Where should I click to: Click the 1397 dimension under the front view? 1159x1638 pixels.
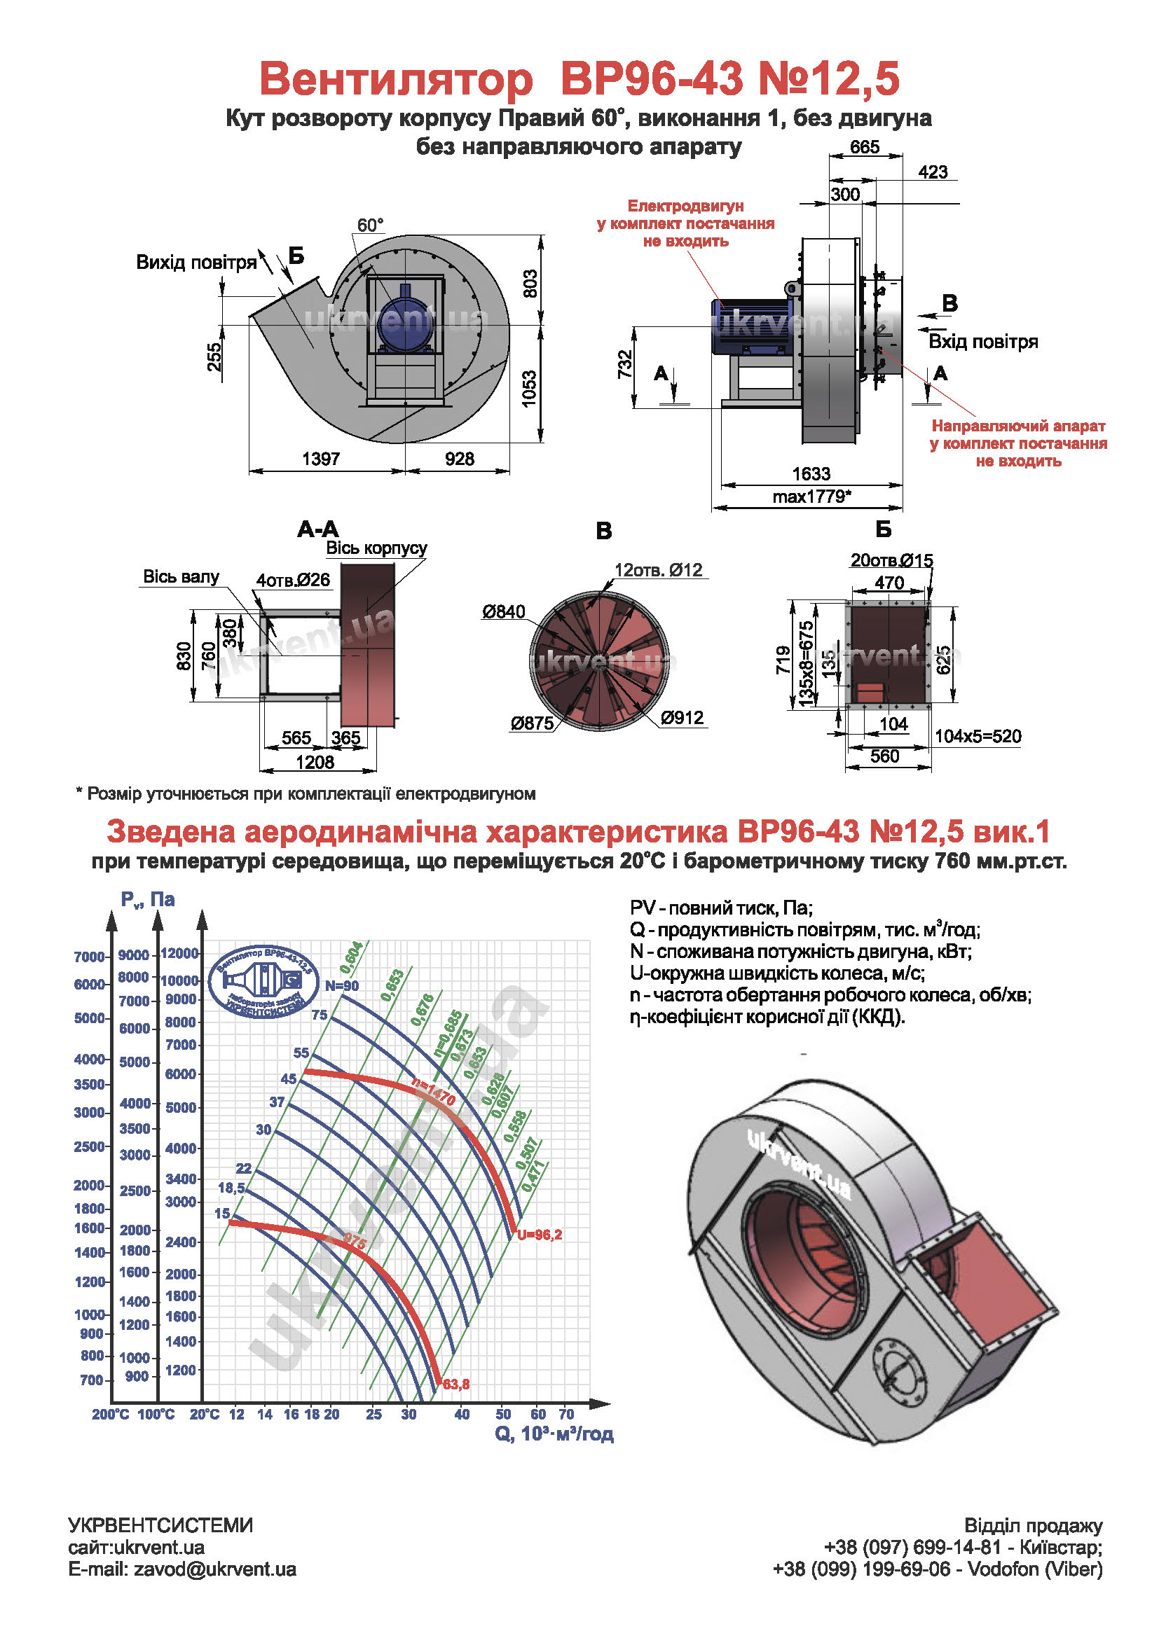[x=320, y=459]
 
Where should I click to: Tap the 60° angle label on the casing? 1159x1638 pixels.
[x=370, y=225]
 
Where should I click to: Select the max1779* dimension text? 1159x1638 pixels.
[x=811, y=497]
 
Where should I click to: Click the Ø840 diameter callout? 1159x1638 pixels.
[x=503, y=611]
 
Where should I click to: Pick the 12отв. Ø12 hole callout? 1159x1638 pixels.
[x=658, y=570]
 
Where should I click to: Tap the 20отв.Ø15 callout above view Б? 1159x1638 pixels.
[x=891, y=561]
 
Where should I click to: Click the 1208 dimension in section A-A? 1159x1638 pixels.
[x=315, y=762]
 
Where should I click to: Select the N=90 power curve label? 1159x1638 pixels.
[x=342, y=986]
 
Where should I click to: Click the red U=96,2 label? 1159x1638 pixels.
[x=540, y=1235]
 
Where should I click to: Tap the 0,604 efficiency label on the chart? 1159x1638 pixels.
[x=351, y=957]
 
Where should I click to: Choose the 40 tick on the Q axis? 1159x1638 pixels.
[x=462, y=1414]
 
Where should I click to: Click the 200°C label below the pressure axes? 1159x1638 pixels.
[x=110, y=1414]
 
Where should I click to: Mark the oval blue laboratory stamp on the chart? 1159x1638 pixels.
[x=264, y=983]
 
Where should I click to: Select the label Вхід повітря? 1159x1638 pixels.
[x=982, y=342]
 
